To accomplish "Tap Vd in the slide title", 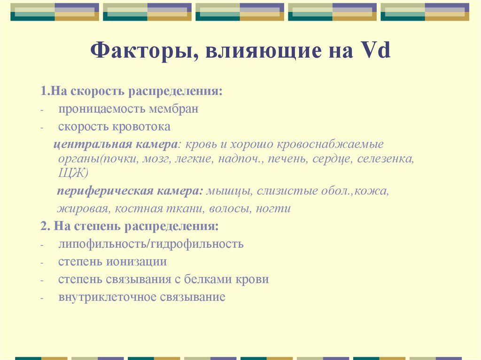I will click(x=375, y=50).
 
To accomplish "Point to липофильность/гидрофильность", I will click(x=151, y=244).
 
